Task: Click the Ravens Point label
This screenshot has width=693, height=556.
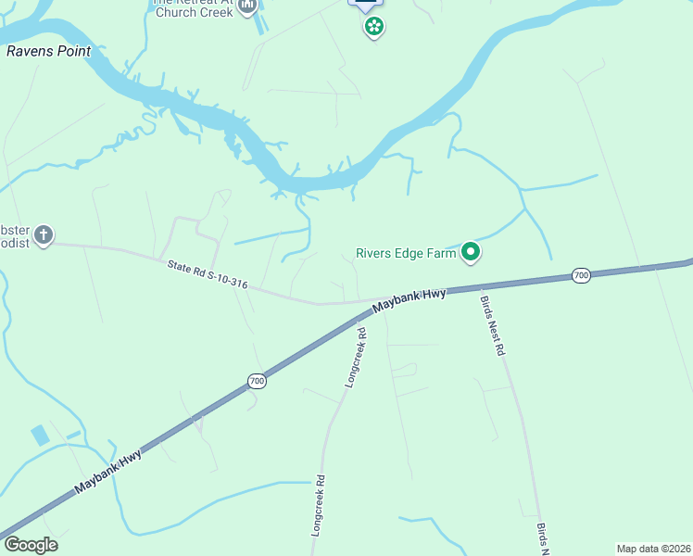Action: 48,51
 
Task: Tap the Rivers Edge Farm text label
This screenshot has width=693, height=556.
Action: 408,252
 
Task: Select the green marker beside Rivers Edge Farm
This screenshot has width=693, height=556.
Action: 471,251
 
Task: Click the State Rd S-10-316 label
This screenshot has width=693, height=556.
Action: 208,274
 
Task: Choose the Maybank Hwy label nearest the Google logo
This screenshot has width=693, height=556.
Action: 108,473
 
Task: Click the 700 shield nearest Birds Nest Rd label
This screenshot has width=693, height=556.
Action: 581,275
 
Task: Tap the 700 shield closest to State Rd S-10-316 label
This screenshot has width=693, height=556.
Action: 257,381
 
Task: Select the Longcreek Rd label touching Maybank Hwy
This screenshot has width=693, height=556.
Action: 355,357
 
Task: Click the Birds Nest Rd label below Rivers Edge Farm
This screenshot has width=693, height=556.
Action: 492,326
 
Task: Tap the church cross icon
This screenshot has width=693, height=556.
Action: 44,236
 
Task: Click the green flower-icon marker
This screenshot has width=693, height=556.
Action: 373,26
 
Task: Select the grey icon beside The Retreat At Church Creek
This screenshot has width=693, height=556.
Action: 247,7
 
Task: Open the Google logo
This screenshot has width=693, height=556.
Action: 31,545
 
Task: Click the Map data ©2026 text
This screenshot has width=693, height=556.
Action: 653,549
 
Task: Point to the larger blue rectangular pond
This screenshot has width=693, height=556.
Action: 41,435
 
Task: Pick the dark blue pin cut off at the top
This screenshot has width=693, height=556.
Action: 365,4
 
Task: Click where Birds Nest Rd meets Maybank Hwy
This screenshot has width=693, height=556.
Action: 478,289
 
